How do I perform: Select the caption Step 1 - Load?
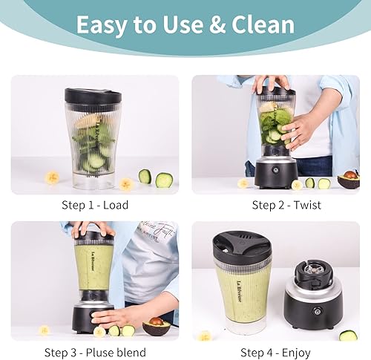click(x=96, y=206)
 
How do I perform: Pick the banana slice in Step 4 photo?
click(x=204, y=336)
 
